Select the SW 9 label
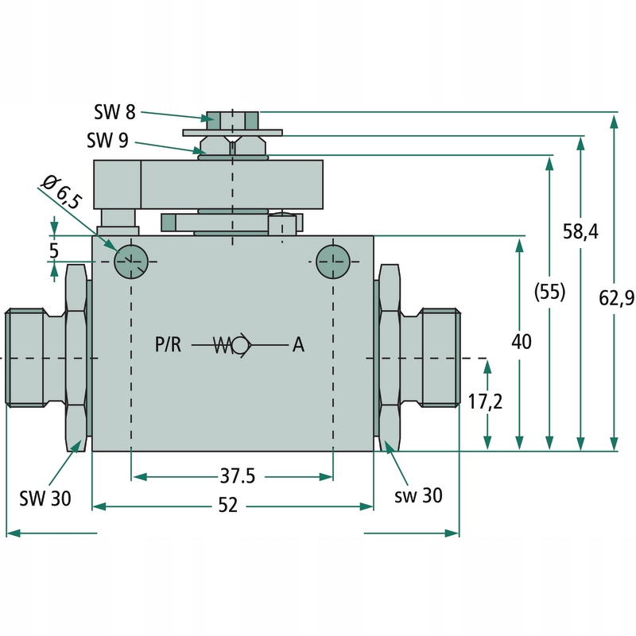click(x=107, y=142)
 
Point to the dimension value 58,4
click(x=581, y=231)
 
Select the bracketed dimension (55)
click(x=549, y=292)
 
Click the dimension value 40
click(x=521, y=342)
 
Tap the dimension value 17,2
click(x=485, y=402)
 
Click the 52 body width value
click(x=228, y=506)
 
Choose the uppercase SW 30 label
click(x=45, y=498)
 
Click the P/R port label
click(x=168, y=345)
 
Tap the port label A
click(x=298, y=345)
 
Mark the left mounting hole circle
click(x=131, y=261)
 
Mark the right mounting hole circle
click(x=332, y=261)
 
